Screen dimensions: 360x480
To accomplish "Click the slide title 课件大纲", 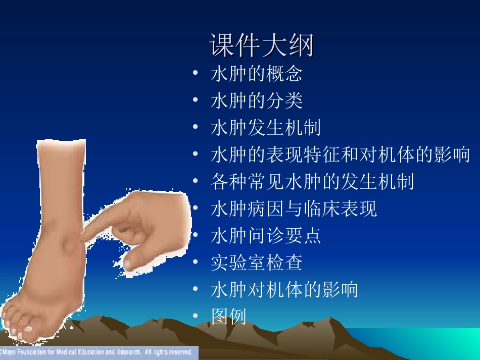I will (262, 46).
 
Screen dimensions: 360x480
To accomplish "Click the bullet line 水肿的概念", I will (256, 74).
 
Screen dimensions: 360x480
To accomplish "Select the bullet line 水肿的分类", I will (256, 100).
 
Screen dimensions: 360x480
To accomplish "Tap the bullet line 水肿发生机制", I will (265, 128).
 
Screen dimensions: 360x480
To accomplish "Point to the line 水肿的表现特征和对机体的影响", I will (340, 155).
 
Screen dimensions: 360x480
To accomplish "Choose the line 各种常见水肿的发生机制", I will (312, 181).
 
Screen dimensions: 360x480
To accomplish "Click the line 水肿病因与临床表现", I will (294, 209).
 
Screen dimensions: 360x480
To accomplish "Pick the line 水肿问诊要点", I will (265, 235).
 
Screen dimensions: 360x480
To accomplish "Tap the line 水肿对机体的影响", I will (284, 289).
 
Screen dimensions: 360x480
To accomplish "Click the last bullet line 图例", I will (228, 317).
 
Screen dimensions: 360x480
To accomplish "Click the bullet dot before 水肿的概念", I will (195, 74).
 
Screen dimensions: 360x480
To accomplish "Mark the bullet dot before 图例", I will (195, 317).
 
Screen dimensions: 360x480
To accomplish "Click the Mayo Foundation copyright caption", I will (97, 352).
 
